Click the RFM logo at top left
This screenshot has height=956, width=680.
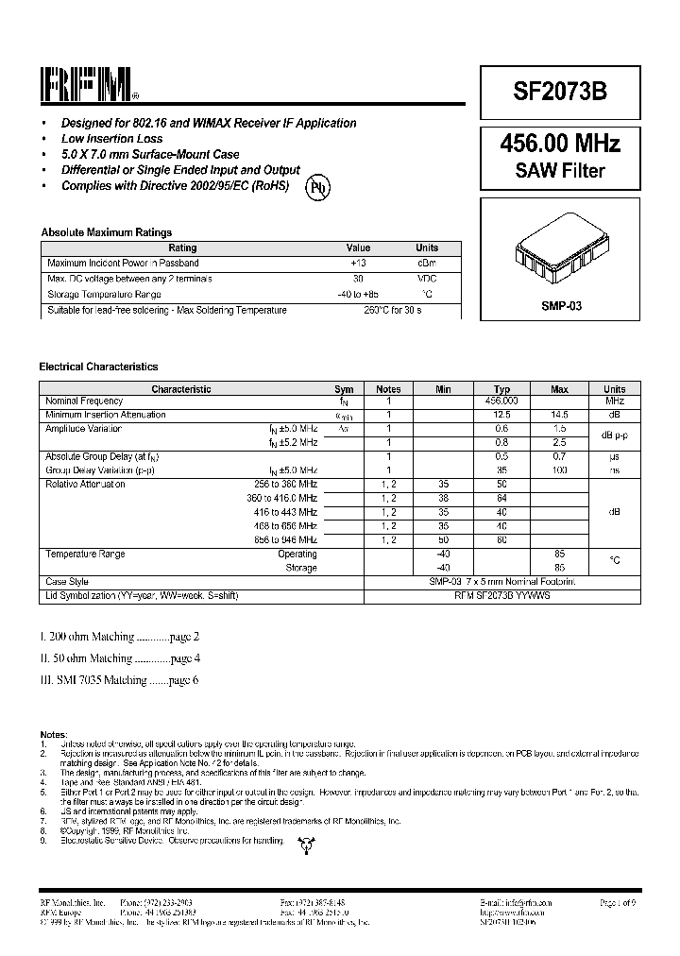pos(91,84)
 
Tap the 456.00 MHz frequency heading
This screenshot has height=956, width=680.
pos(560,144)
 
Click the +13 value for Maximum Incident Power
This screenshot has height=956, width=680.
pos(358,263)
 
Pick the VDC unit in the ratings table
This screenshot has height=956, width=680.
pos(427,279)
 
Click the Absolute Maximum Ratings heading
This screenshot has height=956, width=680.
pos(106,232)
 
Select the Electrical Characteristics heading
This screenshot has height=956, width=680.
pos(98,367)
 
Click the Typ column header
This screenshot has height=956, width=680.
pos(502,389)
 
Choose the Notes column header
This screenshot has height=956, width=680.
pos(388,389)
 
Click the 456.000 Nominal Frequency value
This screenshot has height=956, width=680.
pos(502,401)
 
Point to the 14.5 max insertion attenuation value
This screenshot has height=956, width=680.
pos(559,415)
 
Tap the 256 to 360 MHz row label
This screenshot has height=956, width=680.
pos(281,484)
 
